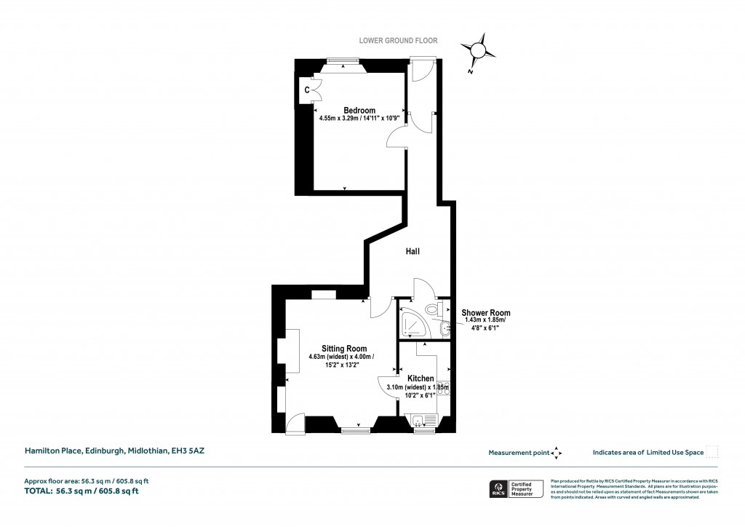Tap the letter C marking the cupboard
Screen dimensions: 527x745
pos(307,90)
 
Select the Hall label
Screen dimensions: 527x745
pos(413,251)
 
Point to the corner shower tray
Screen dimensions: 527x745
pos(413,326)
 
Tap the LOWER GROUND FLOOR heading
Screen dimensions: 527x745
pos(398,41)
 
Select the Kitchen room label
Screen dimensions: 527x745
pos(421,379)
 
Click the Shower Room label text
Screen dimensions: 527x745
pos(486,312)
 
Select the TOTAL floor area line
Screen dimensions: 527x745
pos(81,491)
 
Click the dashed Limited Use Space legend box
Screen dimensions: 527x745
pos(712,452)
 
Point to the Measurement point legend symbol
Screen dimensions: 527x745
pos(557,453)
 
